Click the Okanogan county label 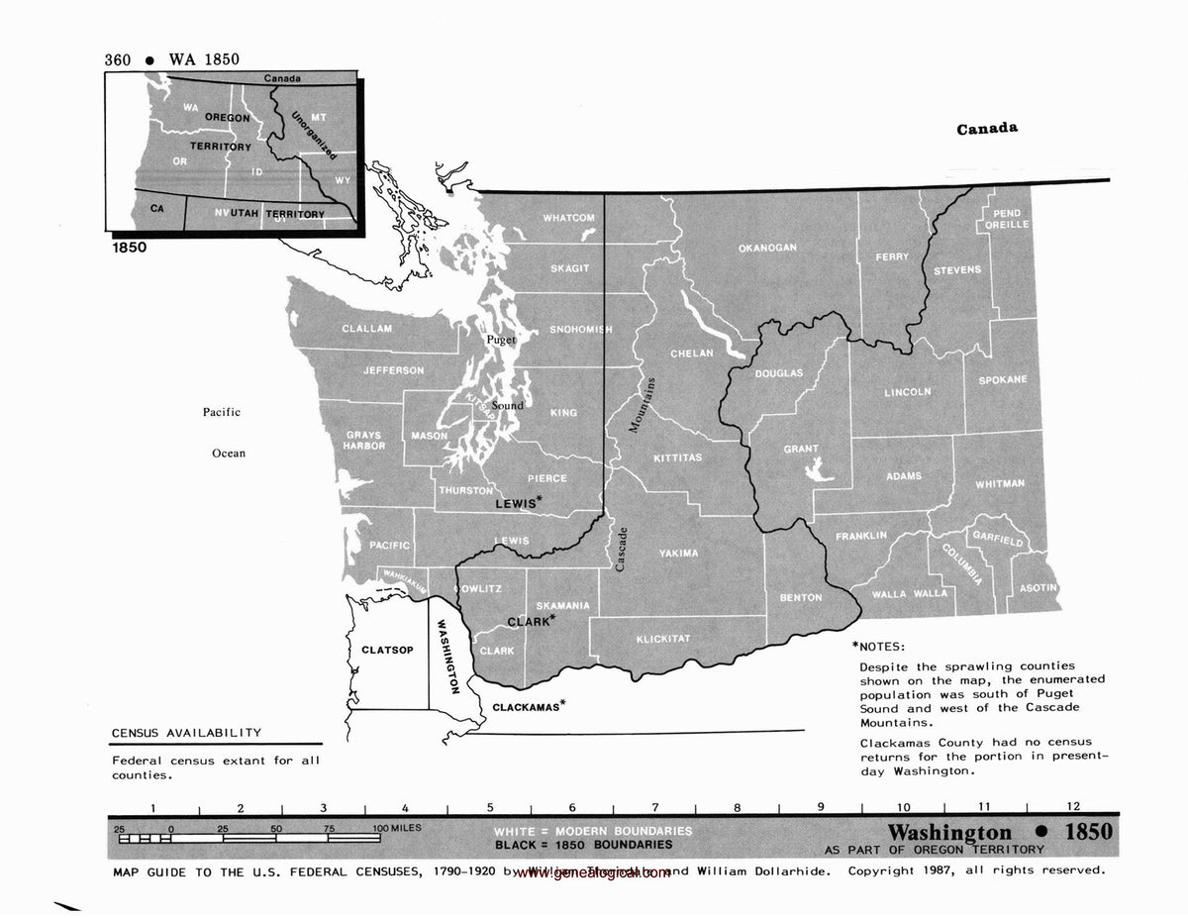pyautogui.click(x=767, y=248)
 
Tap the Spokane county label pyautogui.click(x=1003, y=379)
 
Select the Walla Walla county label pyautogui.click(x=909, y=593)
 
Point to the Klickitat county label pyautogui.click(x=662, y=639)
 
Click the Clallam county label pyautogui.click(x=367, y=329)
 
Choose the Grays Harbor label pyautogui.click(x=364, y=441)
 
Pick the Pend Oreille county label pyautogui.click(x=1007, y=219)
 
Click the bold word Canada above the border pyautogui.click(x=987, y=129)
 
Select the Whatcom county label pyautogui.click(x=568, y=218)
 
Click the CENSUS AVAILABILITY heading pyautogui.click(x=186, y=733)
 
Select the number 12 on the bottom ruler pyautogui.click(x=1074, y=807)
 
